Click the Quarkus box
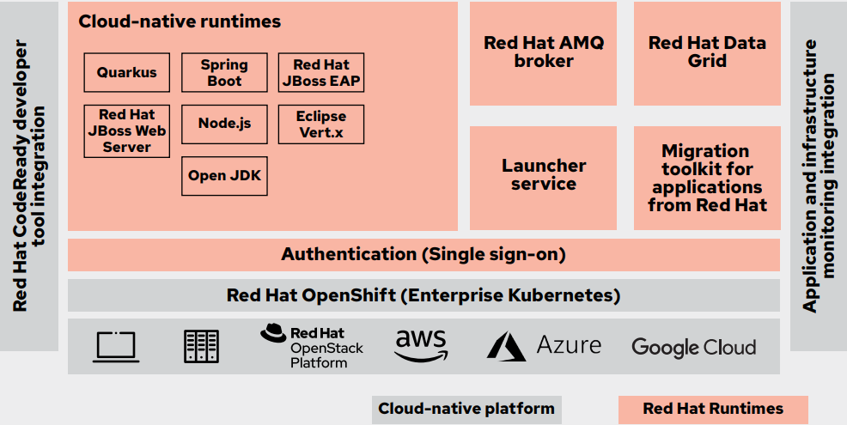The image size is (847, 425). pos(126,73)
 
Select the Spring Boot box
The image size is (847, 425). pos(224,73)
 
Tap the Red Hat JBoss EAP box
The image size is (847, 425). pos(320,73)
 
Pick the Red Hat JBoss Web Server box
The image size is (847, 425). pos(126,131)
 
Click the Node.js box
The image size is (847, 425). pos(224,124)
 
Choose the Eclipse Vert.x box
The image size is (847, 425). pos(320,124)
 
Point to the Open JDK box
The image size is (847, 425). pos(224,175)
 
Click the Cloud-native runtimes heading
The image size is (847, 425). pos(180,21)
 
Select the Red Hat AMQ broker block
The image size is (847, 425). pos(543,52)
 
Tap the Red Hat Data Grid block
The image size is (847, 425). pos(707,52)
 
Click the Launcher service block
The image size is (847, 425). pos(543,175)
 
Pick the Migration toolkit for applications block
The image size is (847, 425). pos(707,178)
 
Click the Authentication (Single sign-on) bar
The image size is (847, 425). pos(423,254)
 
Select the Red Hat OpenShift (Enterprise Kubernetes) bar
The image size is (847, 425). pos(423,295)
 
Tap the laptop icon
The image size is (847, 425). pos(116,346)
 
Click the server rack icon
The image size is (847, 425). pos(201,346)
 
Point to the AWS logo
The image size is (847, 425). pos(421,345)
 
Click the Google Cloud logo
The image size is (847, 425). pos(693,347)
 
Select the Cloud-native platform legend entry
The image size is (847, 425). pos(466,409)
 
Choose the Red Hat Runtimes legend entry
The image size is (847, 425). pos(713,409)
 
